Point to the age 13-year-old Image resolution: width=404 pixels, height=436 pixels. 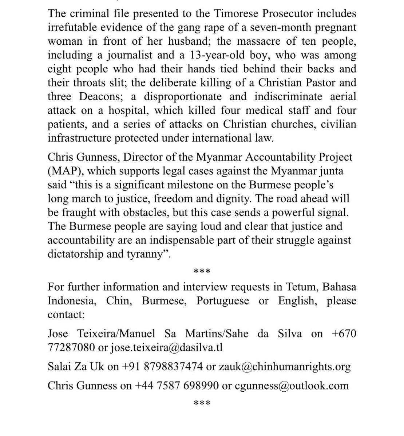pos(229,55)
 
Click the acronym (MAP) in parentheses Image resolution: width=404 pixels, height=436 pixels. pos(64,170)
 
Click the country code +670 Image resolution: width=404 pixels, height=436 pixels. pos(344,333)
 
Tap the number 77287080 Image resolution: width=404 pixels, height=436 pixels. pos(71,347)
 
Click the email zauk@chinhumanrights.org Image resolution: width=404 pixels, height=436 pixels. pos(285,366)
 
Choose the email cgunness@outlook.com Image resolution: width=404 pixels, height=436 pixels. pos(292,385)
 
